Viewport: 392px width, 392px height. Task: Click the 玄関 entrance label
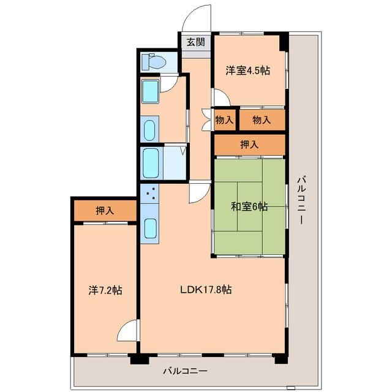click(196, 42)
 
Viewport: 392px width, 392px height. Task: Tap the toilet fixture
click(154, 61)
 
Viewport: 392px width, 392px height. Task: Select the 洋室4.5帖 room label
click(247, 70)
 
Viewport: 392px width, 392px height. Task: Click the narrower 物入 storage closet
click(225, 120)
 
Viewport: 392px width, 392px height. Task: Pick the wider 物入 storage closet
click(262, 120)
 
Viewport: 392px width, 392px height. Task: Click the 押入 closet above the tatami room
click(250, 145)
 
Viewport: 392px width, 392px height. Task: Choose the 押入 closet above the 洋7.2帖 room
click(105, 211)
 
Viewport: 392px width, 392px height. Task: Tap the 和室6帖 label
click(249, 207)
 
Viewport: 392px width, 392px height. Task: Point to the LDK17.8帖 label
click(206, 290)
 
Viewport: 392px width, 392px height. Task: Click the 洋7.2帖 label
click(105, 290)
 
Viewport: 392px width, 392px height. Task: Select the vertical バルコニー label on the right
click(302, 200)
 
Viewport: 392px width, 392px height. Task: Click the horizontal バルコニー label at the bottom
click(185, 371)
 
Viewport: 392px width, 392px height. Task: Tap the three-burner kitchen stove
click(149, 194)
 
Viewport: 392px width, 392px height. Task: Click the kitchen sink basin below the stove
click(150, 228)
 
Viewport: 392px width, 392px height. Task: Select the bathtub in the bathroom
click(151, 164)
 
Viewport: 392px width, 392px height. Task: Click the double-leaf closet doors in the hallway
click(206, 120)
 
